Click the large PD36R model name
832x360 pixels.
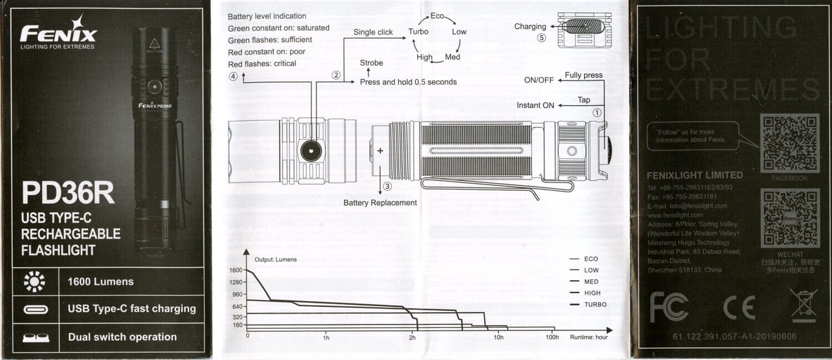tap(68, 194)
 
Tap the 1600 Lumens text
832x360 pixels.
tap(100, 282)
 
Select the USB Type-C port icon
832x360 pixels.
tap(35, 310)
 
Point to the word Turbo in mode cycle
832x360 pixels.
tap(418, 32)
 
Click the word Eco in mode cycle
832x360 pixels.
tap(437, 16)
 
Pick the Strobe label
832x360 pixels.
tap(371, 63)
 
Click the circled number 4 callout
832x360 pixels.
tap(233, 77)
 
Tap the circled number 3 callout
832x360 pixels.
tap(387, 187)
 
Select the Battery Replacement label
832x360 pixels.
tap(380, 202)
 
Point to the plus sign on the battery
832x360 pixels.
tap(381, 150)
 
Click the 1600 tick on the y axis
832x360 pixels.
tap(235, 270)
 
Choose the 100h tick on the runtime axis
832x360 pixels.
tap(552, 337)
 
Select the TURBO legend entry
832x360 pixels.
tap(595, 305)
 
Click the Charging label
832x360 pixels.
tap(530, 27)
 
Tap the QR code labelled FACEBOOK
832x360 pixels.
tap(789, 143)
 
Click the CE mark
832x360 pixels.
tap(739, 307)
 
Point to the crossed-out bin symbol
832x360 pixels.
tap(804, 306)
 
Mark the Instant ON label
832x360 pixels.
tap(535, 105)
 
